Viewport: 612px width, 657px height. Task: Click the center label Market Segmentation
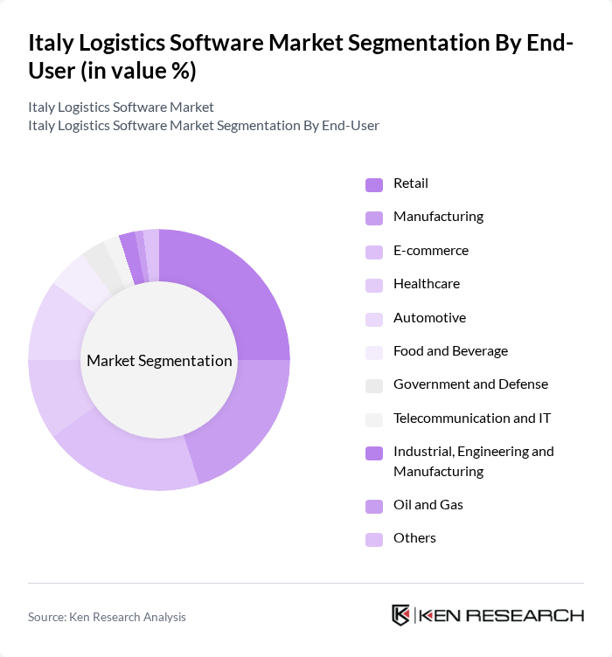click(x=159, y=361)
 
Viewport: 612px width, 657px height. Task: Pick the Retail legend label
click(x=410, y=183)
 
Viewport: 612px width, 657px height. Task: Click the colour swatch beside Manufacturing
click(x=374, y=218)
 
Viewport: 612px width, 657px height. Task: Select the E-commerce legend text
click(x=430, y=251)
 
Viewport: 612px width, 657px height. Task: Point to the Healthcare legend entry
click(x=426, y=284)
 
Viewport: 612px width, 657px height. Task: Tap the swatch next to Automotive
click(x=374, y=319)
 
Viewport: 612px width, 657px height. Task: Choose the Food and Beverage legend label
click(x=450, y=351)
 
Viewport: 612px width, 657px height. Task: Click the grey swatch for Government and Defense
click(x=374, y=385)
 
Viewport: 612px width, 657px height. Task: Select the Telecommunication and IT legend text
click(x=472, y=418)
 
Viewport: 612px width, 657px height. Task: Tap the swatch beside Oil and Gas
click(x=374, y=506)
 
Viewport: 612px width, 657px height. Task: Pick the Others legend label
click(x=414, y=538)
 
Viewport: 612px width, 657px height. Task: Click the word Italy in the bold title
click(x=51, y=43)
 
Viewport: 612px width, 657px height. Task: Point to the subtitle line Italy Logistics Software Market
click(x=121, y=107)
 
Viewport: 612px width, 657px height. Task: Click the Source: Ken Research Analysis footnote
click(x=107, y=617)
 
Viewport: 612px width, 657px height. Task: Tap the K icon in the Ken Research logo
click(x=401, y=615)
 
